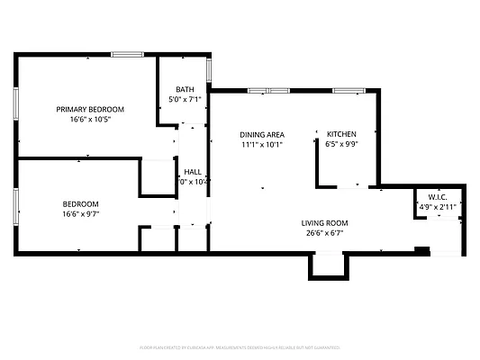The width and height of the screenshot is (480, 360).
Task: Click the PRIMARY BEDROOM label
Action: click(x=90, y=109)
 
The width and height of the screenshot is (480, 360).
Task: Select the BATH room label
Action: click(x=185, y=89)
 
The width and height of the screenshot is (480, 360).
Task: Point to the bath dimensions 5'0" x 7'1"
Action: click(x=185, y=99)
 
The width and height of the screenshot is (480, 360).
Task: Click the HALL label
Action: click(x=193, y=171)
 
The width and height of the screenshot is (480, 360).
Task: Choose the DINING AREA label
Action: click(x=262, y=133)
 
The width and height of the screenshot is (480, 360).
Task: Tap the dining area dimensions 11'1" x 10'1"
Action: click(x=262, y=143)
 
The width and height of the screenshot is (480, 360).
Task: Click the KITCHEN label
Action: click(x=341, y=133)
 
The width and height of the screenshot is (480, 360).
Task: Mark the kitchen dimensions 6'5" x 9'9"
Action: click(x=341, y=143)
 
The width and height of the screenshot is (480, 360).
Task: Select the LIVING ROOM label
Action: click(x=324, y=223)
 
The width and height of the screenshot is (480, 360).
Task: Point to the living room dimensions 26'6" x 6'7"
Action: click(x=324, y=233)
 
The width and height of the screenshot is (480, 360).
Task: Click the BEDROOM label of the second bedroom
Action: click(x=81, y=203)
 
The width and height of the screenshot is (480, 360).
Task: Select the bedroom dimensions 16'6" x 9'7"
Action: click(x=81, y=213)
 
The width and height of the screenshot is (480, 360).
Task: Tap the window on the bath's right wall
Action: click(x=209, y=69)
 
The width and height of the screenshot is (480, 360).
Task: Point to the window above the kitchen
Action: click(x=347, y=90)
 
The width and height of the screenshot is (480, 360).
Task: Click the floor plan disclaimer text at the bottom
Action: click(x=240, y=346)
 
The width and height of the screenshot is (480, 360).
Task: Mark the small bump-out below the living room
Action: click(x=327, y=265)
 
